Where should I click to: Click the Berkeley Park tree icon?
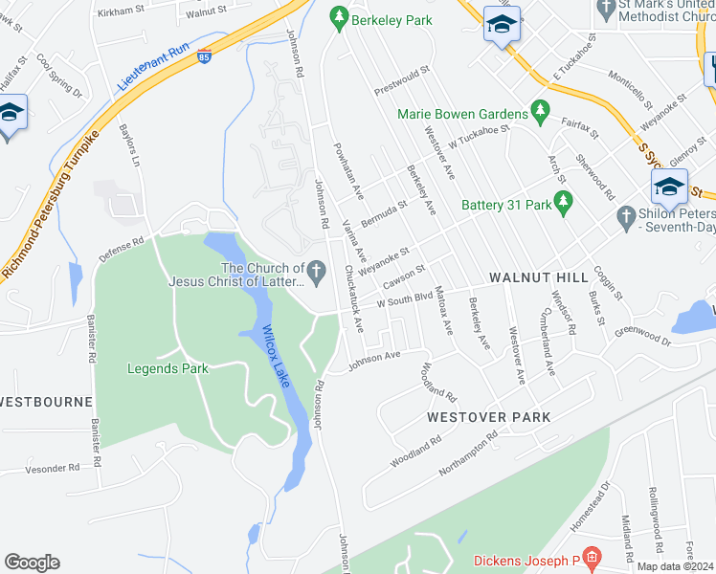pyautogui.click(x=337, y=16)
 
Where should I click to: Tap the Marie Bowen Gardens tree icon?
pyautogui.click(x=540, y=112)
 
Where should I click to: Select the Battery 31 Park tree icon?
pyautogui.click(x=564, y=201)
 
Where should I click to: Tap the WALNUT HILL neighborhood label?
pyautogui.click(x=538, y=276)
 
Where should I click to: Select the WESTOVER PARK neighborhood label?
pyautogui.click(x=488, y=417)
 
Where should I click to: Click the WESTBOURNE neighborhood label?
pyautogui.click(x=46, y=401)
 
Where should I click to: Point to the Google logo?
pyautogui.click(x=32, y=562)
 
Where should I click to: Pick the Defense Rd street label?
pyautogui.click(x=121, y=251)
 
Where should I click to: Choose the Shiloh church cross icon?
pyautogui.click(x=626, y=217)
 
